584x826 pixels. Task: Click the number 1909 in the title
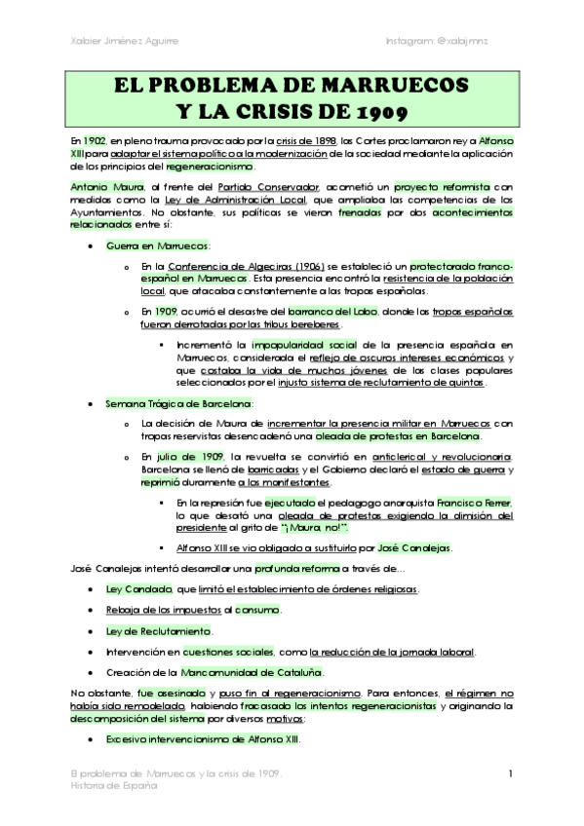[389, 108]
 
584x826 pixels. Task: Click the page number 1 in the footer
[510, 773]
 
